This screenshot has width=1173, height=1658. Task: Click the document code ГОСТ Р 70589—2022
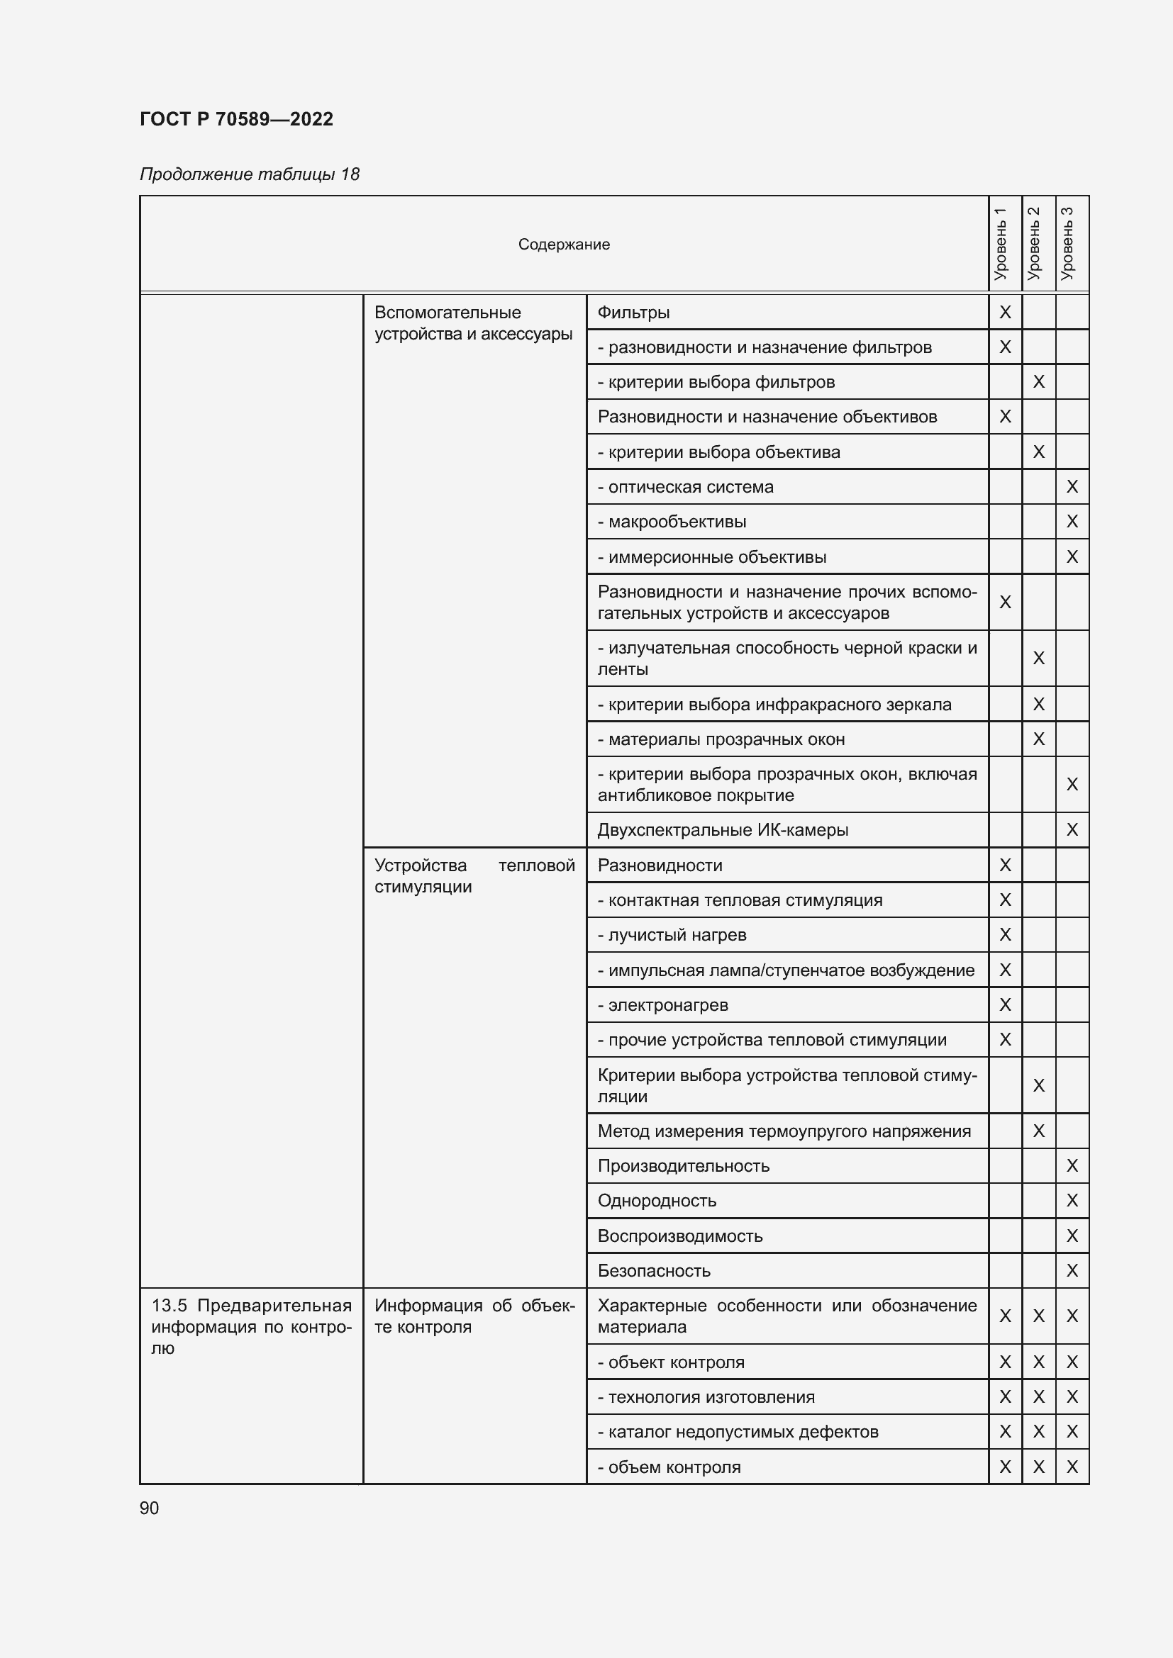click(x=236, y=119)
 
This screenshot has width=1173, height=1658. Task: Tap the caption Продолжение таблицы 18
click(x=249, y=174)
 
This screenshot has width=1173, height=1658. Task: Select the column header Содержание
click(x=563, y=244)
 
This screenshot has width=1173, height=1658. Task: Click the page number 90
click(x=149, y=1508)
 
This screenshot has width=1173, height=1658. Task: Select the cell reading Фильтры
click(x=633, y=313)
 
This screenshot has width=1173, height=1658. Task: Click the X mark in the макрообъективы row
click(x=1072, y=522)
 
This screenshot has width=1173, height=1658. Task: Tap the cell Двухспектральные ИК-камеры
click(x=722, y=830)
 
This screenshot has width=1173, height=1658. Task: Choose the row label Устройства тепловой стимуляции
click(x=474, y=875)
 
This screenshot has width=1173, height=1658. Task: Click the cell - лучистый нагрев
click(x=672, y=934)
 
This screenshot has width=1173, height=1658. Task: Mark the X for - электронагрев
click(x=1005, y=1004)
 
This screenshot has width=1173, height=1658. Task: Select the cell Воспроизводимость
click(x=679, y=1236)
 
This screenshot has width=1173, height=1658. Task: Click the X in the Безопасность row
click(x=1072, y=1270)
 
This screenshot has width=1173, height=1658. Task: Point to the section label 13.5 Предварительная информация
click(x=250, y=1326)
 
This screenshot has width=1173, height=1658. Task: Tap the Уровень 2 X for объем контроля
click(x=1039, y=1467)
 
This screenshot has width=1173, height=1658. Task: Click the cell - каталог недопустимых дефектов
click(x=738, y=1431)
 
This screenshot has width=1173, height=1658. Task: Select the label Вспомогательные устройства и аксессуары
click(x=473, y=323)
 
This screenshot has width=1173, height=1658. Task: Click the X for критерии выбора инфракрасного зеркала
click(x=1039, y=704)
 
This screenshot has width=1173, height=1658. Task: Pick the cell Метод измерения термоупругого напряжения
click(x=784, y=1131)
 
